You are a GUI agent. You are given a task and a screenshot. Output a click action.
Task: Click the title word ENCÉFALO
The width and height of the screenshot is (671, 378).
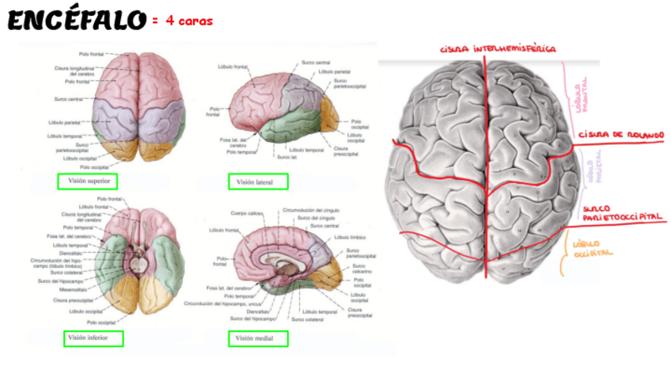pyautogui.click(x=77, y=21)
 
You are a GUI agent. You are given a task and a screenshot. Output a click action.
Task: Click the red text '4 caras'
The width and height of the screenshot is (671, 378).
pyautogui.click(x=189, y=21)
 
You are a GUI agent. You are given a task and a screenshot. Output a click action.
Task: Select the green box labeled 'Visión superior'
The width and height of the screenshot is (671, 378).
pyautogui.click(x=87, y=181)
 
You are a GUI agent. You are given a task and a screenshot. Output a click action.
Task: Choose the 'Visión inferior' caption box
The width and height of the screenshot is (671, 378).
pyautogui.click(x=94, y=338)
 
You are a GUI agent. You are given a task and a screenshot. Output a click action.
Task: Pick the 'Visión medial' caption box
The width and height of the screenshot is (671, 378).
pyautogui.click(x=259, y=339)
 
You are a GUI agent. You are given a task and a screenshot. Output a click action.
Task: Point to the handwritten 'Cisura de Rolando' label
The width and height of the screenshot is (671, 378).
pyautogui.click(x=620, y=136)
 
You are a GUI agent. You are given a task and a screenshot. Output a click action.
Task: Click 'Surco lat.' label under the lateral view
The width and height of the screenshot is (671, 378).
pyautogui.click(x=287, y=157)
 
